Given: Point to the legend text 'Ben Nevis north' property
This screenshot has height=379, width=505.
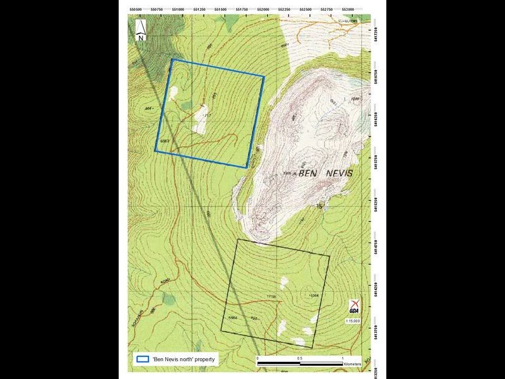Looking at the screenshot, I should point(184,359).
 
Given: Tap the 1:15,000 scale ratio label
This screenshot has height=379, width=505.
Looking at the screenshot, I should point(353,322).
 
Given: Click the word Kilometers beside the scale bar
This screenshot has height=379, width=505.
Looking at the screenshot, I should point(353,364).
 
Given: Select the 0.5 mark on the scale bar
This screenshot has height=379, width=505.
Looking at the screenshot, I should point(300,358).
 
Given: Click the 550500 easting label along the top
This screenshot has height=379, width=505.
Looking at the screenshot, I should point(136,9).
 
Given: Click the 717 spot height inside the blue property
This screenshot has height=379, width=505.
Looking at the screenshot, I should point(205,117).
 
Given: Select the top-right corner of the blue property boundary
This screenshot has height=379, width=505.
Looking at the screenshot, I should point(264,77).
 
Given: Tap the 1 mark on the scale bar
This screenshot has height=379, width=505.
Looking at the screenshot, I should point(343,358).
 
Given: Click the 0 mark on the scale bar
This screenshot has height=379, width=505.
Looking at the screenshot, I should point(258,358).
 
